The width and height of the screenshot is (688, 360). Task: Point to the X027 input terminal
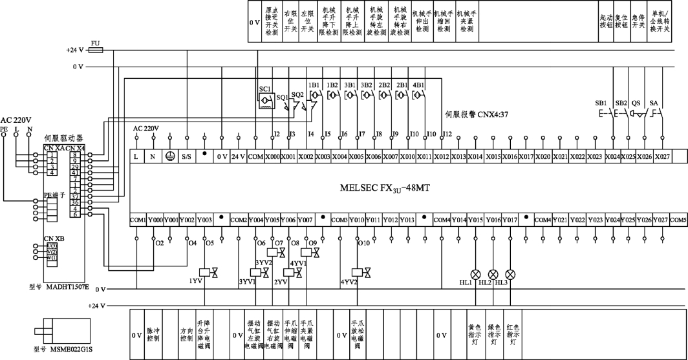point(661,157)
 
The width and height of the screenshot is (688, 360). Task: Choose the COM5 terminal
point(678,220)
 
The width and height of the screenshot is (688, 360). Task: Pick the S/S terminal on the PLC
point(187,157)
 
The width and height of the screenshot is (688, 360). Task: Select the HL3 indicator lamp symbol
point(510,273)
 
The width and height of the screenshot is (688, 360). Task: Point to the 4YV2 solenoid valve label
point(349,282)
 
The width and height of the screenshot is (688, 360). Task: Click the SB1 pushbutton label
point(600,103)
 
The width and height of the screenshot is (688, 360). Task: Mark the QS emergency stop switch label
point(636,103)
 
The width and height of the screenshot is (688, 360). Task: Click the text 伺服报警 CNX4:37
point(477,114)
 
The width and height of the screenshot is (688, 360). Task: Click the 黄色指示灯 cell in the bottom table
point(475,335)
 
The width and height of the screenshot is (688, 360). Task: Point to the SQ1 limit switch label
point(282,97)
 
